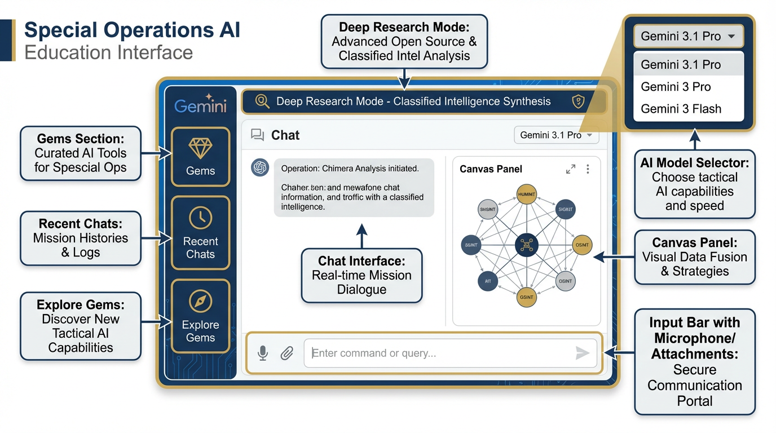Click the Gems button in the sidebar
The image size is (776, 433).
coord(200,156)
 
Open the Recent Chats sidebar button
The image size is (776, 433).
coord(200,233)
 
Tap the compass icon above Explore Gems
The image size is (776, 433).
coord(200,302)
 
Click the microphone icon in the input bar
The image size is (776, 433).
coord(263,353)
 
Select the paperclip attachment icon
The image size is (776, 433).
coord(287,354)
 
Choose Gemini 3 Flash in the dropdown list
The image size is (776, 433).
coord(681,109)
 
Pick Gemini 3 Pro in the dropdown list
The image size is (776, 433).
coord(676,87)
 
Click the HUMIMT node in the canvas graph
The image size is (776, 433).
coord(526,195)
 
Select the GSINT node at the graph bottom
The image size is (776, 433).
coord(526,297)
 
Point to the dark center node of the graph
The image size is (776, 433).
coord(526,245)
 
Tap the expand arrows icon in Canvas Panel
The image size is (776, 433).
coord(571,169)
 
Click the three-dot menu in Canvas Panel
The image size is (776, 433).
coord(588,169)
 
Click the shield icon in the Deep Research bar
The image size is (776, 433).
coord(578,101)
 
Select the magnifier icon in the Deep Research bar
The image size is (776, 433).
coord(262,101)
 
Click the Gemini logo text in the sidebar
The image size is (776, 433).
coord(200,105)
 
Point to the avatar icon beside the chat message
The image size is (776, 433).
coord(260,167)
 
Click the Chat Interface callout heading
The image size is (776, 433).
coord(361,260)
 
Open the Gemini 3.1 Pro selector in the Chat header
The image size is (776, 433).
coord(556,135)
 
